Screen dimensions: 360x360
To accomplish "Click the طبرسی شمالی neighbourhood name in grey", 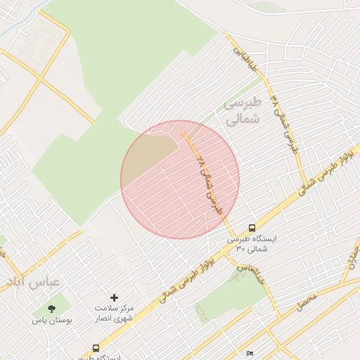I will click(x=243, y=111).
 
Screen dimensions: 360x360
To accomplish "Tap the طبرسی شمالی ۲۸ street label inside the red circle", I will click(x=210, y=184).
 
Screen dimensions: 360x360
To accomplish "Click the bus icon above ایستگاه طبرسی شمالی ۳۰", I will click(x=252, y=228).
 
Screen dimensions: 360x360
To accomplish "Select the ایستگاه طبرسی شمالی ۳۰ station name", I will click(x=251, y=244).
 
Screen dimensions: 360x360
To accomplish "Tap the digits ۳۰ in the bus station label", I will click(x=239, y=250).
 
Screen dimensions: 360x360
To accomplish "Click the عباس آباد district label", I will click(x=34, y=281).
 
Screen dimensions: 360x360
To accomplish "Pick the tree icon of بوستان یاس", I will click(x=51, y=309).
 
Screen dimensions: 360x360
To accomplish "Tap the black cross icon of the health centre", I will click(x=115, y=298).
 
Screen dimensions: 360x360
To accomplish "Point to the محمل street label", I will click(x=307, y=303).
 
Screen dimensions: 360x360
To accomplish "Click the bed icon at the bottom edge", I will click(x=249, y=354).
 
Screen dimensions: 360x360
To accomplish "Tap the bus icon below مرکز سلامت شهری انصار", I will click(x=96, y=348).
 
